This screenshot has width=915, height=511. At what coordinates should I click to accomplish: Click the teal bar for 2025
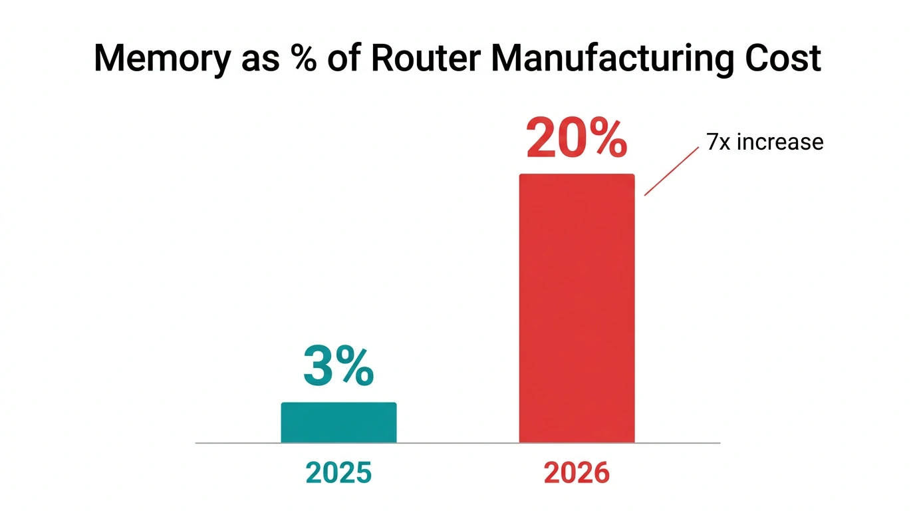point(338,423)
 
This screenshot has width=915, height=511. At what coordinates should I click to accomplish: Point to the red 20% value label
point(577,139)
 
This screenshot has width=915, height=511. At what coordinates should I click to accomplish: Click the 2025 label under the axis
point(338,472)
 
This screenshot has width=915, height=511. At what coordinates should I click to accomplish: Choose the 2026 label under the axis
point(577,472)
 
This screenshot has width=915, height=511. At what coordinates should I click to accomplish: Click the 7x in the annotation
point(719,142)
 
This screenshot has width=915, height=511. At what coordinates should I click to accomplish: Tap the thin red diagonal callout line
point(672,172)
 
